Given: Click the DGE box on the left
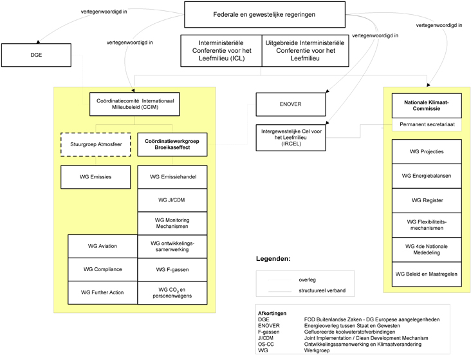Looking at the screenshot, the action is pyautogui.click(x=36, y=55).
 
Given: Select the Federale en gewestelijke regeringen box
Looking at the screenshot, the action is pyautogui.click(x=264, y=14).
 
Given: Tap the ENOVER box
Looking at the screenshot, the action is pyautogui.click(x=291, y=104).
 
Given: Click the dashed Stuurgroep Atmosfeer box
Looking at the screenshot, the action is pyautogui.click(x=96, y=144).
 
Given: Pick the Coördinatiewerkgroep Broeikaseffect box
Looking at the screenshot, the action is pyautogui.click(x=172, y=144).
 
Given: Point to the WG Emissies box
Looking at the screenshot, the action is pyautogui.click(x=95, y=177).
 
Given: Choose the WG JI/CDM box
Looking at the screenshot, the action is pyautogui.click(x=172, y=200).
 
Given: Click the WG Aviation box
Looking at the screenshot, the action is pyautogui.click(x=102, y=246).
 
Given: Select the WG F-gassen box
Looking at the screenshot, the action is pyautogui.click(x=172, y=270).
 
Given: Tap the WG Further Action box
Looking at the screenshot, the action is pyautogui.click(x=102, y=292).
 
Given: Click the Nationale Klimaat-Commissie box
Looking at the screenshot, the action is pyautogui.click(x=427, y=106).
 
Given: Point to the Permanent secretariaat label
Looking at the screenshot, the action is pyautogui.click(x=427, y=124).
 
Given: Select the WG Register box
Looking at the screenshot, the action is pyautogui.click(x=427, y=200).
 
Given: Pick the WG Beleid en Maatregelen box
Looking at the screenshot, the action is pyautogui.click(x=427, y=274).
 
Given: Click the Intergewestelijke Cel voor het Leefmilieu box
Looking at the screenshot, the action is pyautogui.click(x=291, y=137).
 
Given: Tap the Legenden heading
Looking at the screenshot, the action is pyautogui.click(x=273, y=259).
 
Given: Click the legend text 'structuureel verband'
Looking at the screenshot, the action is pyautogui.click(x=322, y=290).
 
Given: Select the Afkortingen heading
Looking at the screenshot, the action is pyautogui.click(x=272, y=313).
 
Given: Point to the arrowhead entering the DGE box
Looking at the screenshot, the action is pyautogui.click(x=38, y=42).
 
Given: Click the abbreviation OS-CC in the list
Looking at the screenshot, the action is pyautogui.click(x=266, y=344).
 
